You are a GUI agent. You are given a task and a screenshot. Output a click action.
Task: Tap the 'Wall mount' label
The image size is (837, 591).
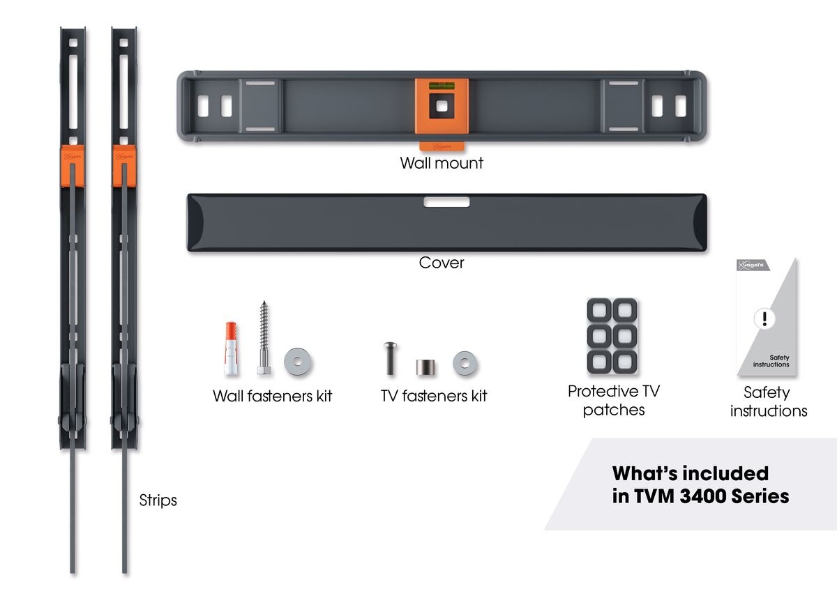tap(442, 163)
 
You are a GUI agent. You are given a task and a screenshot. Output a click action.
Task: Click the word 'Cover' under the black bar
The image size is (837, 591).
tap(442, 263)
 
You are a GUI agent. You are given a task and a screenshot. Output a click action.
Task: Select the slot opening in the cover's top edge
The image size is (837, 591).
tap(446, 202)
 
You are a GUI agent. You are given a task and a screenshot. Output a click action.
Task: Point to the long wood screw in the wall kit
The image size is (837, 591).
tap(263, 338)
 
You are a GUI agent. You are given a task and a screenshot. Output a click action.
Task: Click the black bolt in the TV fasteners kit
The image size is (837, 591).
tap(389, 358)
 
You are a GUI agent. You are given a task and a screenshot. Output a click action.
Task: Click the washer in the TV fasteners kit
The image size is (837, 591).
tap(463, 362)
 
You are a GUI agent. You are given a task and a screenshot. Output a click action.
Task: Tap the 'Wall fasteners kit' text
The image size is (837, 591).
tap(272, 396)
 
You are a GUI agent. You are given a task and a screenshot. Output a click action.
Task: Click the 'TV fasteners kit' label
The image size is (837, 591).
tap(433, 396)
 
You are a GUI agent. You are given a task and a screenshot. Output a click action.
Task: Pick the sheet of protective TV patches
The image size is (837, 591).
tap(612, 335)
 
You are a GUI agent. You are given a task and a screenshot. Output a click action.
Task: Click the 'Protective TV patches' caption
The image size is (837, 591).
tap(612, 400)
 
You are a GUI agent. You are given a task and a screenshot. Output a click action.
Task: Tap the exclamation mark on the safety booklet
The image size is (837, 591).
tap(765, 318)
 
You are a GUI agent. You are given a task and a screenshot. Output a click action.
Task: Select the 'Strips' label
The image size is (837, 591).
tap(158, 500)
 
